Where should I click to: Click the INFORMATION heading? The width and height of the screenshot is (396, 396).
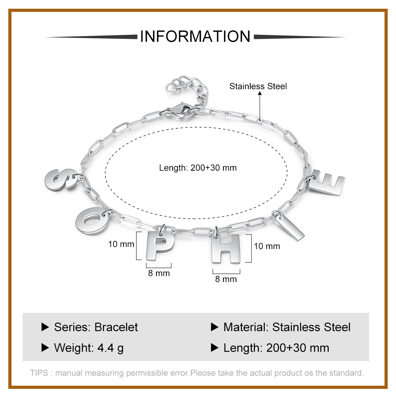click(195, 36)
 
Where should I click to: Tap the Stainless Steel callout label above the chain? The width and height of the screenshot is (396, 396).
click(258, 86)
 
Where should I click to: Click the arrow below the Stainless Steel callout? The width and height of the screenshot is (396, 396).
click(260, 103)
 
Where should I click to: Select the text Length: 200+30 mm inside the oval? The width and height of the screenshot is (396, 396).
click(198, 168)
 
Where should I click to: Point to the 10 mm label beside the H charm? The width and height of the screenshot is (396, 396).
click(267, 246)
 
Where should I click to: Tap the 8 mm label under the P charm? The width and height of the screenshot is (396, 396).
click(159, 273)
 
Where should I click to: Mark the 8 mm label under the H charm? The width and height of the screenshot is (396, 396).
click(226, 279)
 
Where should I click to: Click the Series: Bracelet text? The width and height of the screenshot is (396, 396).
click(96, 327)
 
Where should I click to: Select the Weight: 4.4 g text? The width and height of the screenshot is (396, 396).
click(89, 348)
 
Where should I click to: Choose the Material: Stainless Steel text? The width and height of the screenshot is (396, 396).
click(287, 327)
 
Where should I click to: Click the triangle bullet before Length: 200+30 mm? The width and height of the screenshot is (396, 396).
click(215, 348)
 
